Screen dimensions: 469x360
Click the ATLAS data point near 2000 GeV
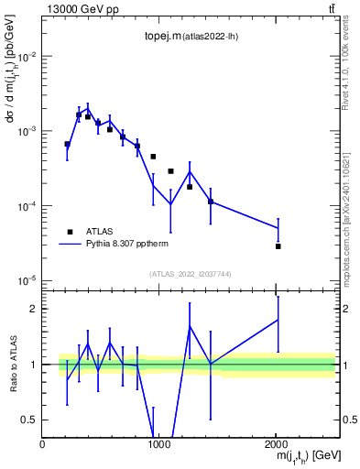(x=278, y=246)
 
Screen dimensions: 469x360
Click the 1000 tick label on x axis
(x=159, y=444)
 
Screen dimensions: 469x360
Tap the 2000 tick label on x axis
(x=276, y=444)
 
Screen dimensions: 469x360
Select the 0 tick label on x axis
(x=43, y=444)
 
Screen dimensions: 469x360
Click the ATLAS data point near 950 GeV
(x=153, y=157)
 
